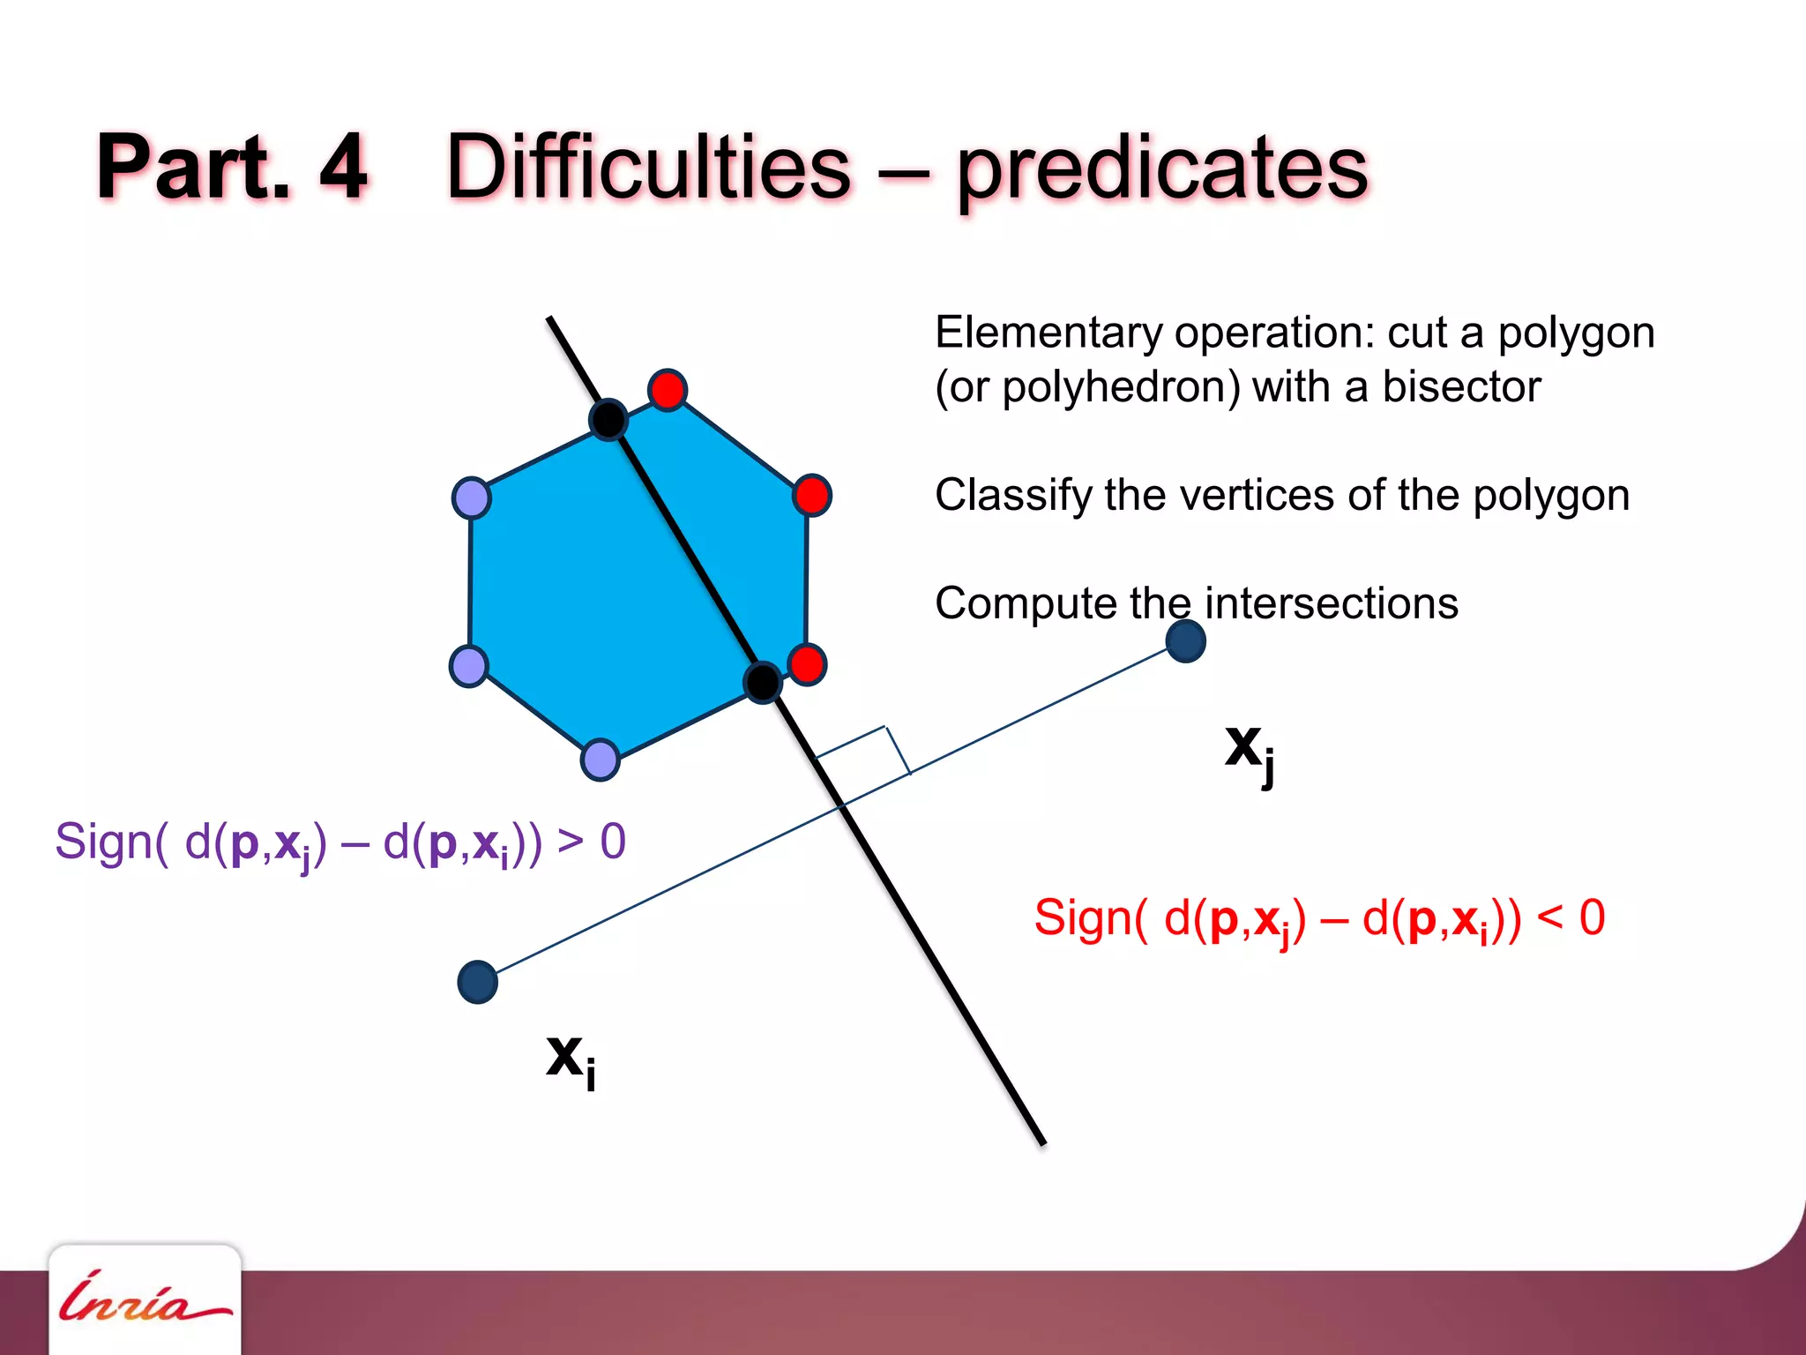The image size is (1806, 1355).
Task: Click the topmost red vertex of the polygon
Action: click(x=668, y=390)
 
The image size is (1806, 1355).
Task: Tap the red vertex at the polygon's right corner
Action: click(x=811, y=495)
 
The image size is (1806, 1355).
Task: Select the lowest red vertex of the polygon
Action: click(x=807, y=664)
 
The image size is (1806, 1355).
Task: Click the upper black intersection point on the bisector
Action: click(x=608, y=419)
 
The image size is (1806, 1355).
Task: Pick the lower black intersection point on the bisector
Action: click(x=763, y=682)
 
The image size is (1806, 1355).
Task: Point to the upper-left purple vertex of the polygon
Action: click(x=472, y=498)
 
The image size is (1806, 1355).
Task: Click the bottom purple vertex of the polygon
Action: click(x=601, y=760)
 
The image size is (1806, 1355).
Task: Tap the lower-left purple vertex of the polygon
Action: click(x=468, y=666)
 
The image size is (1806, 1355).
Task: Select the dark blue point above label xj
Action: click(x=1185, y=641)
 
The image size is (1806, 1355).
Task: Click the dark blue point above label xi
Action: click(x=478, y=982)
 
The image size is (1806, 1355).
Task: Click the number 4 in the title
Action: click(x=343, y=167)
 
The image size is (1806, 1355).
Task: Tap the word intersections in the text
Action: click(x=1331, y=604)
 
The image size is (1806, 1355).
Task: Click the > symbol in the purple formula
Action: click(x=571, y=841)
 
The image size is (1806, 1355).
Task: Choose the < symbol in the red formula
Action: click(x=1549, y=917)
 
